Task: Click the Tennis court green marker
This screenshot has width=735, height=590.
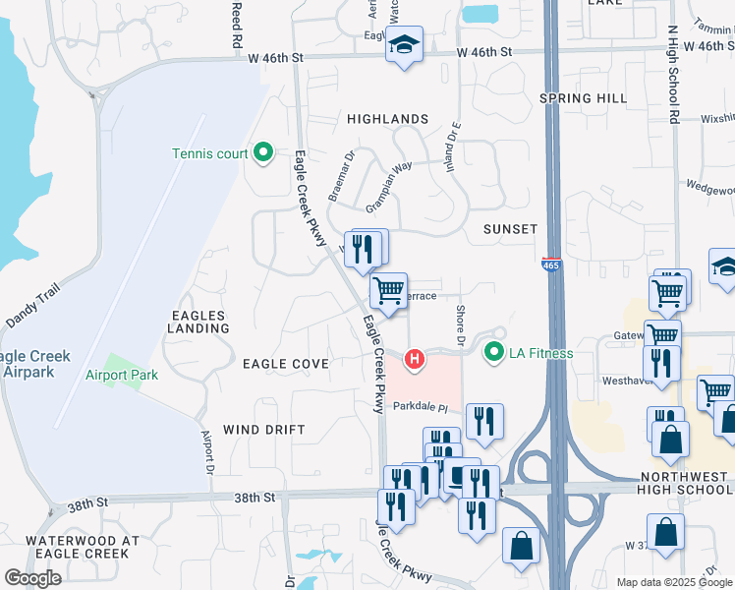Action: pos(262,152)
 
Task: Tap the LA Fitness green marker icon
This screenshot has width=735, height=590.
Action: pos(492,351)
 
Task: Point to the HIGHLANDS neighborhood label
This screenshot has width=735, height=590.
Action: pos(387,119)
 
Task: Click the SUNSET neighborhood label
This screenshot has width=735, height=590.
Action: pos(510,229)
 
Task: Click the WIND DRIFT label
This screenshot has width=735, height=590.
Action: pos(264,430)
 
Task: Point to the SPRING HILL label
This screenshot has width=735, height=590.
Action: pos(583,98)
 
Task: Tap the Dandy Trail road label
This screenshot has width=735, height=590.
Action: pos(32,306)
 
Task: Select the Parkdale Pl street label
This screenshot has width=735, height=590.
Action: pos(421,407)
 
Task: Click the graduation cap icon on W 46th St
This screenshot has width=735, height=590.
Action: pos(403,45)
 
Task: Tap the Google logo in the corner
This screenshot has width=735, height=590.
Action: pos(32,578)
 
